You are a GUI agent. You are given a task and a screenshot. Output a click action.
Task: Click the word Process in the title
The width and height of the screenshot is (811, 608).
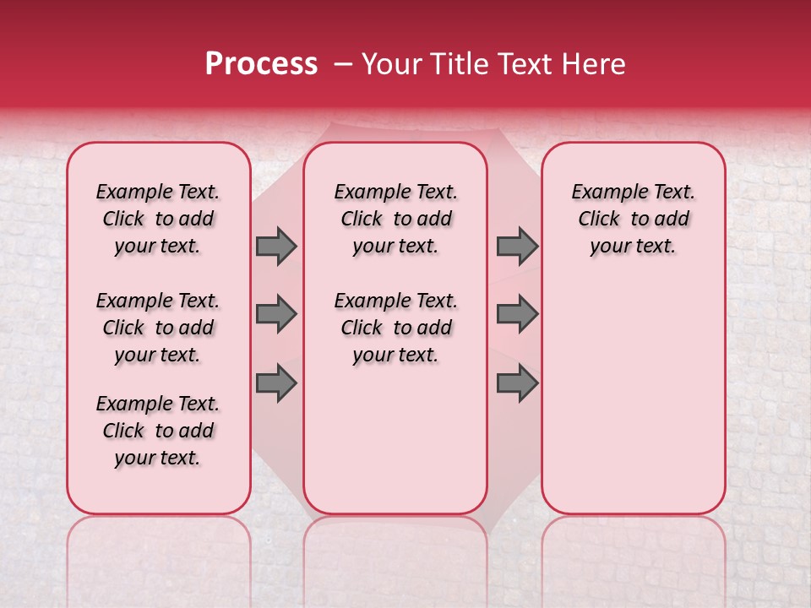[261, 63]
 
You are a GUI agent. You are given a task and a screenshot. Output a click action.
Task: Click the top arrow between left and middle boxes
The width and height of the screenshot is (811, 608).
[276, 246]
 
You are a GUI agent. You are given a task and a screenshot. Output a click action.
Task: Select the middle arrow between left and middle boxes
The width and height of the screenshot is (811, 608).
[276, 314]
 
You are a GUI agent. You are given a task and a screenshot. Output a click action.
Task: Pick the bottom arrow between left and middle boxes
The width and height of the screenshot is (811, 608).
[276, 383]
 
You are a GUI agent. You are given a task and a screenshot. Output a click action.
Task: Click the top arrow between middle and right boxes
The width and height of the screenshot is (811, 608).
[517, 246]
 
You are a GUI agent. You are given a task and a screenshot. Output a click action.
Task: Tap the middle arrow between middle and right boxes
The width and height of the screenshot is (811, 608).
[517, 314]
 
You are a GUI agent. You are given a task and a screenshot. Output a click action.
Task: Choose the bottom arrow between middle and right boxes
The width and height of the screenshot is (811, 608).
[517, 383]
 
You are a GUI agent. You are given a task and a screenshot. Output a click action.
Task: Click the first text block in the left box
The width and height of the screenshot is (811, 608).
[158, 219]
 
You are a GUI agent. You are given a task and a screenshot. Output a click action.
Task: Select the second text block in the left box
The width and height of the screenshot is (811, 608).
[158, 328]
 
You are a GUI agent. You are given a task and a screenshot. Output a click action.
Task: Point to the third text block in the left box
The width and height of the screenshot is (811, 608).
[158, 431]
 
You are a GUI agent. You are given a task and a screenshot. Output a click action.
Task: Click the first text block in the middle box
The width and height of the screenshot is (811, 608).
[395, 219]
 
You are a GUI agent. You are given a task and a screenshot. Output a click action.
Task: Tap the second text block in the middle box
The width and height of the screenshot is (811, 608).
[395, 328]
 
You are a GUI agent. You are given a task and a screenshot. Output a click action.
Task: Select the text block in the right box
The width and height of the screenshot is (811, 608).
[633, 219]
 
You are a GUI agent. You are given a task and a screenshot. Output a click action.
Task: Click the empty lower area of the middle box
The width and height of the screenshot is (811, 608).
[395, 439]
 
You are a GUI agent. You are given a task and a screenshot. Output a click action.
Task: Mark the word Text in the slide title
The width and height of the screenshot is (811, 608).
[529, 63]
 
